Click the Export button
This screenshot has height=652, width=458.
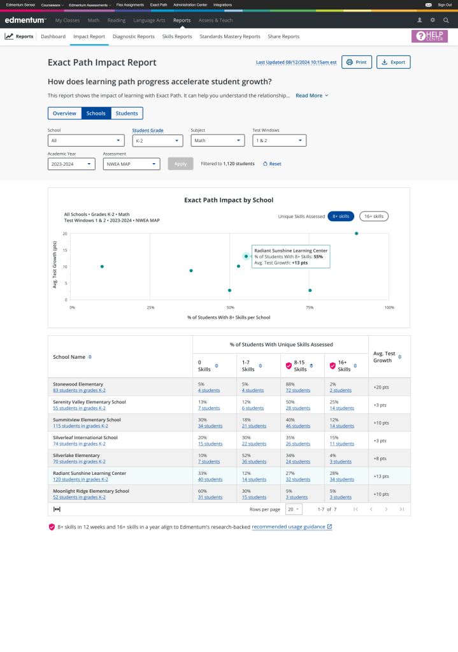click(x=393, y=62)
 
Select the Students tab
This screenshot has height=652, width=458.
click(x=127, y=113)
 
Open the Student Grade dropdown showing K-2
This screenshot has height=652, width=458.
click(x=156, y=141)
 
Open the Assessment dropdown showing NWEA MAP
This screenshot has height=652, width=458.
click(x=131, y=164)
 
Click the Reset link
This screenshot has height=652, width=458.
click(x=272, y=164)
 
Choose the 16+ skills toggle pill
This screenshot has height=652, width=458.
click(x=373, y=216)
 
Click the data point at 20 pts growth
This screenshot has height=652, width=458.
click(x=356, y=233)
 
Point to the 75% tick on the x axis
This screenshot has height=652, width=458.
click(x=310, y=307)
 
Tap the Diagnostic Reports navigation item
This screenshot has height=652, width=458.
click(x=133, y=36)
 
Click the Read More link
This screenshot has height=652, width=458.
click(x=311, y=96)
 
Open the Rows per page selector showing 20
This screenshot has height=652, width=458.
click(x=294, y=509)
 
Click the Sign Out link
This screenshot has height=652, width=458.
click(x=445, y=4)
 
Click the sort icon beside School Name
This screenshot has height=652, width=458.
click(x=90, y=357)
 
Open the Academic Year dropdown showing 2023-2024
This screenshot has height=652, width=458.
click(x=71, y=164)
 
